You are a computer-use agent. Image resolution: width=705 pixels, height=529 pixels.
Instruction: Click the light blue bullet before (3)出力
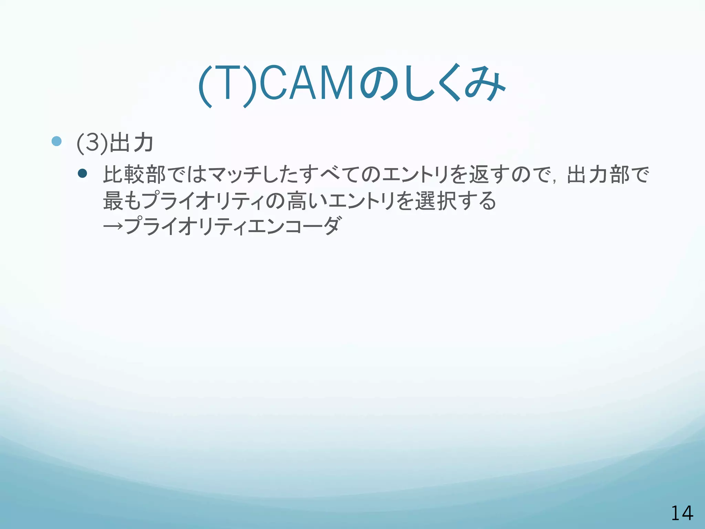[x=56, y=141]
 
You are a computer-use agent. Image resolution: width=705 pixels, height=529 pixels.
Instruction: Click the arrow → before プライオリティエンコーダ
[x=113, y=226]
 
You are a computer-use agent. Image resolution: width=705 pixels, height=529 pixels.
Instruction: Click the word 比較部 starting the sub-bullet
[x=134, y=175]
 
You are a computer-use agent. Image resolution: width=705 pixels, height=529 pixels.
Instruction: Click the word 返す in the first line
[x=487, y=175]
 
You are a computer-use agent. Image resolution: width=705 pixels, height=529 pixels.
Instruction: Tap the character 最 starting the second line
[x=113, y=201]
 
